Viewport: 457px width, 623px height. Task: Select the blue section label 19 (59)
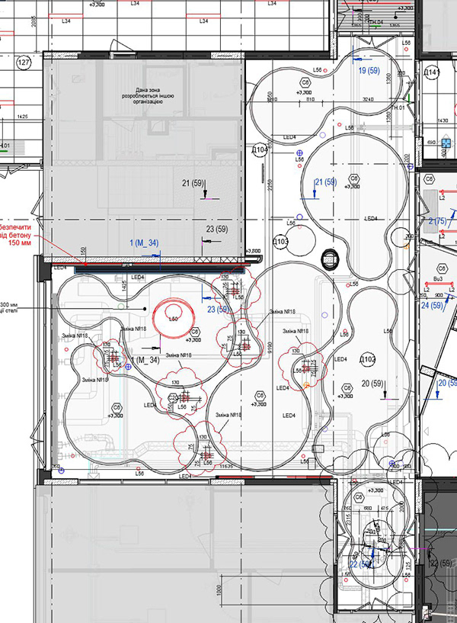[369, 69]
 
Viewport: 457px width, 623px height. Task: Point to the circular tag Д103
[280, 242]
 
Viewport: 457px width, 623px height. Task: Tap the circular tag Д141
[432, 73]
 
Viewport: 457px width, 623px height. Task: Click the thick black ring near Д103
[329, 260]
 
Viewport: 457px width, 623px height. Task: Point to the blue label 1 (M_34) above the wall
[144, 242]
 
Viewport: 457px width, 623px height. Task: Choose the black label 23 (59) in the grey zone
[217, 229]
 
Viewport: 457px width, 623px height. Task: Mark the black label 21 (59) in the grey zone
[196, 184]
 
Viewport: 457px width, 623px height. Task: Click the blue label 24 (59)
[432, 306]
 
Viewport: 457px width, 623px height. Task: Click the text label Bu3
[438, 281]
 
